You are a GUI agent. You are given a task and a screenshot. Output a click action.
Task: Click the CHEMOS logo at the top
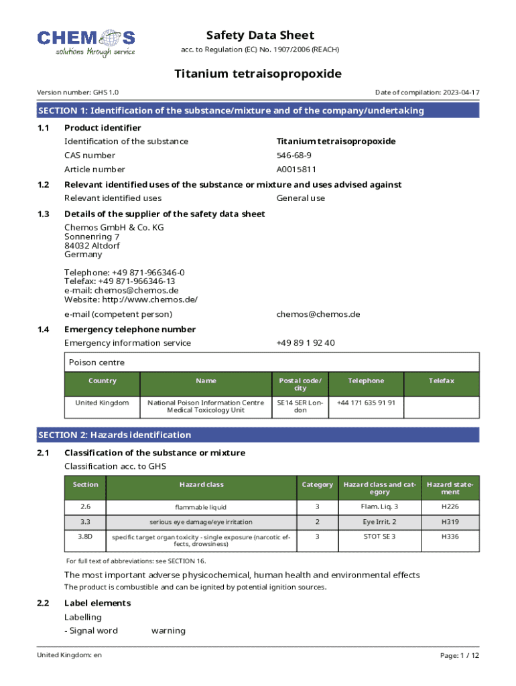point(86,42)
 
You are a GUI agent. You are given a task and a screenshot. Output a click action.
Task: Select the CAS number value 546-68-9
point(294,155)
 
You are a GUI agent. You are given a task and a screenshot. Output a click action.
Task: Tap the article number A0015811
point(296,169)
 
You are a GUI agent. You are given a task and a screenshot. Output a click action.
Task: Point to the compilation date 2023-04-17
point(460,92)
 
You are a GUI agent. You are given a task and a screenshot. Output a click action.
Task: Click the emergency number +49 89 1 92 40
point(306,343)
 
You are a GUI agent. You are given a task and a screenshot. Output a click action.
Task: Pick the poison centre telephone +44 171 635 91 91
point(366,403)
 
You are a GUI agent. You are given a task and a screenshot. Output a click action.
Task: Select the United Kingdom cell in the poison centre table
point(102,403)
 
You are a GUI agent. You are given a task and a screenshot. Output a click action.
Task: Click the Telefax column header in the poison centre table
point(442,381)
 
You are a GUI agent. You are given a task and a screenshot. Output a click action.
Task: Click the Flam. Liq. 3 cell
point(379,506)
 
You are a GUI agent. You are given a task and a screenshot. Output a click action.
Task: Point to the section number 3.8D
point(85,537)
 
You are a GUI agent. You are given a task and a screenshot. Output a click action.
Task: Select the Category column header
point(317,484)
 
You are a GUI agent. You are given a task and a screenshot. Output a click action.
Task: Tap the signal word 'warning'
point(168,630)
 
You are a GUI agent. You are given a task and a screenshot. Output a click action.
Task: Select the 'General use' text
point(300,198)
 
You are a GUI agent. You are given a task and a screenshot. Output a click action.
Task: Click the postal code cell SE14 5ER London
point(300,406)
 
